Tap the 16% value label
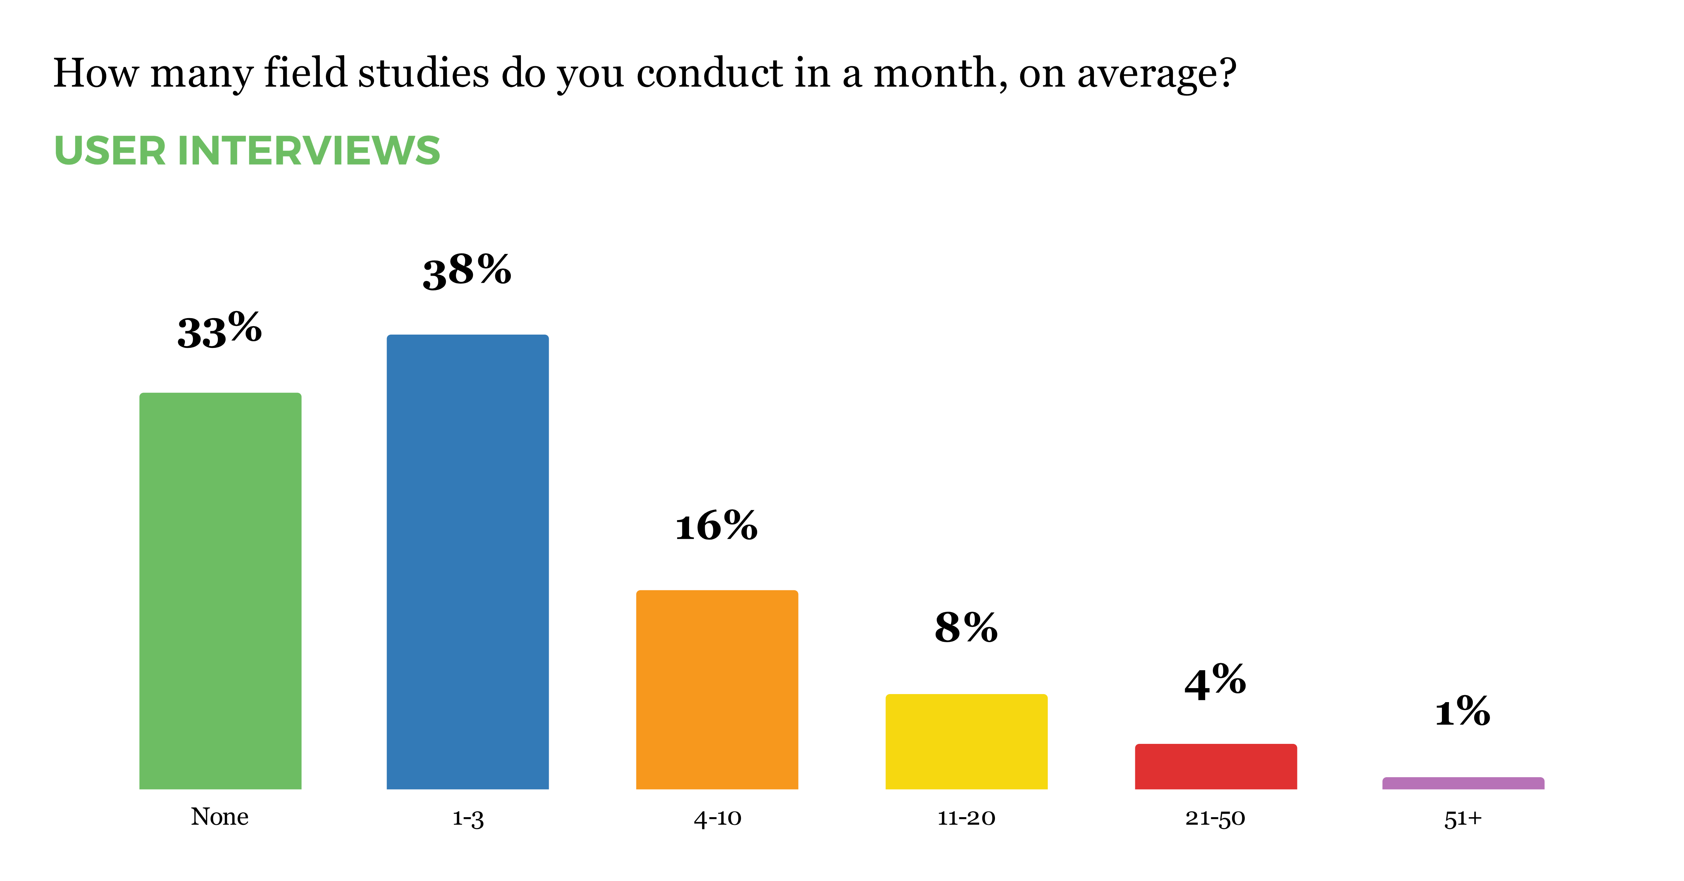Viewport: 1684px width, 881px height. click(716, 526)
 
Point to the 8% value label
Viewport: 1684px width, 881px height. click(966, 628)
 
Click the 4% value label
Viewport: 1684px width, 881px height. click(1215, 682)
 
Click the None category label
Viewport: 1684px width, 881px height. click(220, 817)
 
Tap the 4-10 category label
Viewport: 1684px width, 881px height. click(717, 818)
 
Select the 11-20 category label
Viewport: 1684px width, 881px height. click(966, 818)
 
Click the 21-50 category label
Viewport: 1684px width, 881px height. click(1215, 818)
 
